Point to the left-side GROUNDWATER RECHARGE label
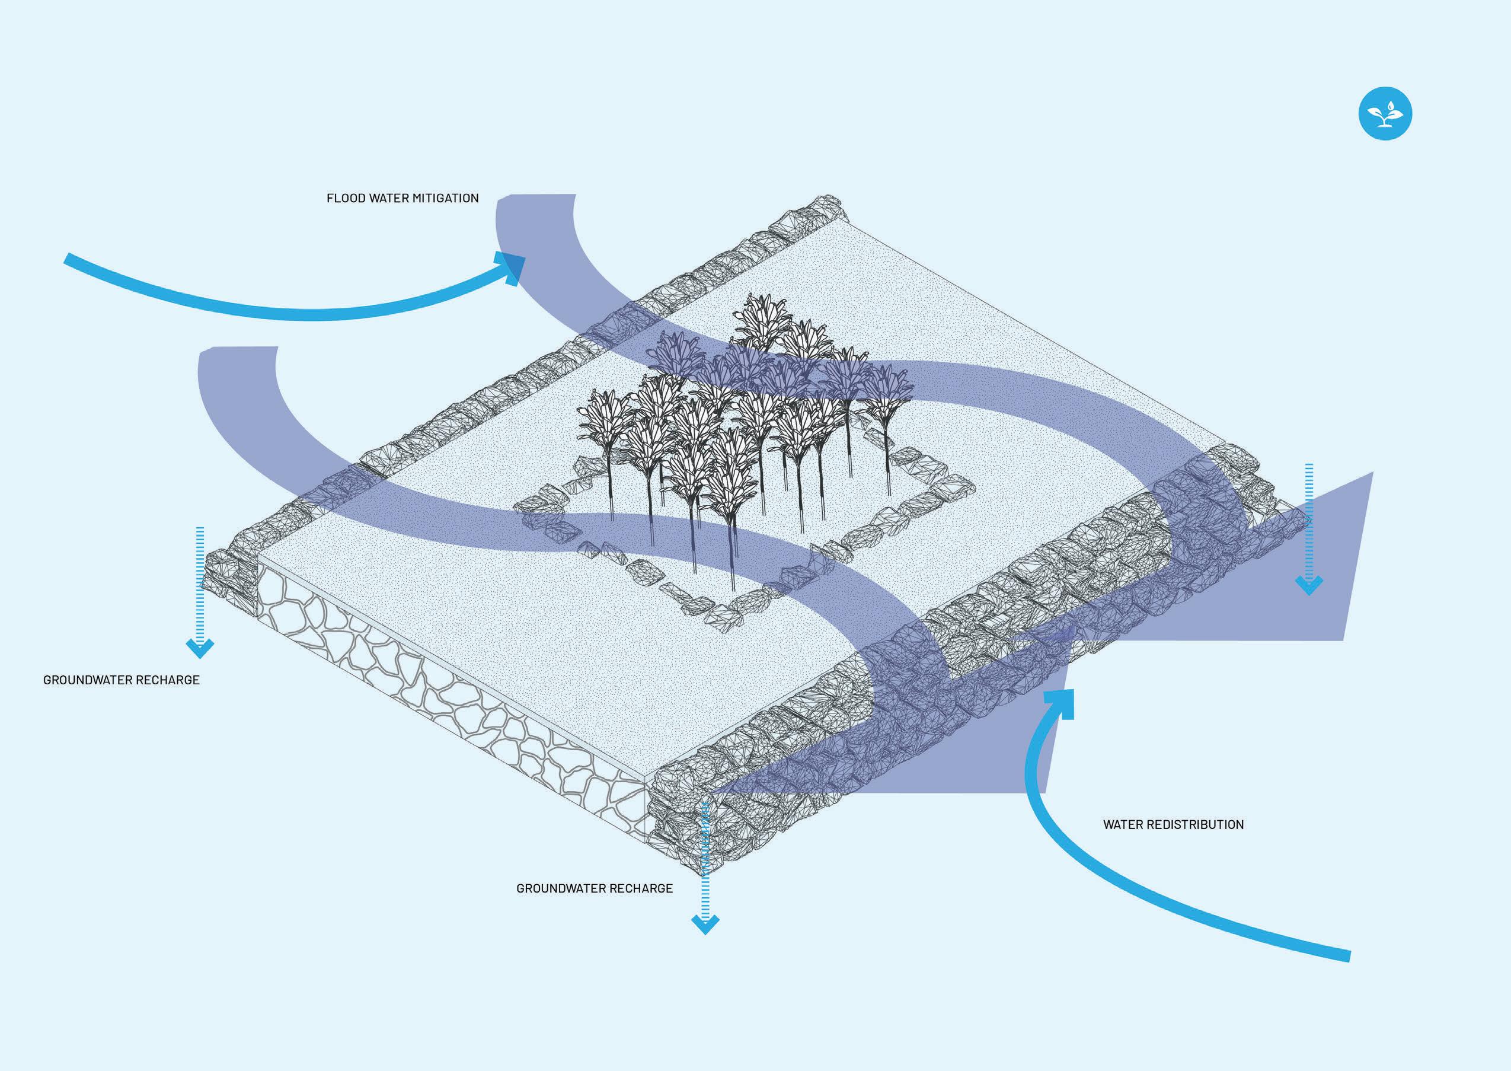(122, 680)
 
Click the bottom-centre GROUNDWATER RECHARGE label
(594, 888)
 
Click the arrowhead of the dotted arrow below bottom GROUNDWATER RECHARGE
(705, 924)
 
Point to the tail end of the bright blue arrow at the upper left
(67, 259)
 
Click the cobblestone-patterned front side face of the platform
(448, 706)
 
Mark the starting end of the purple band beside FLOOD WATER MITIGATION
(535, 198)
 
